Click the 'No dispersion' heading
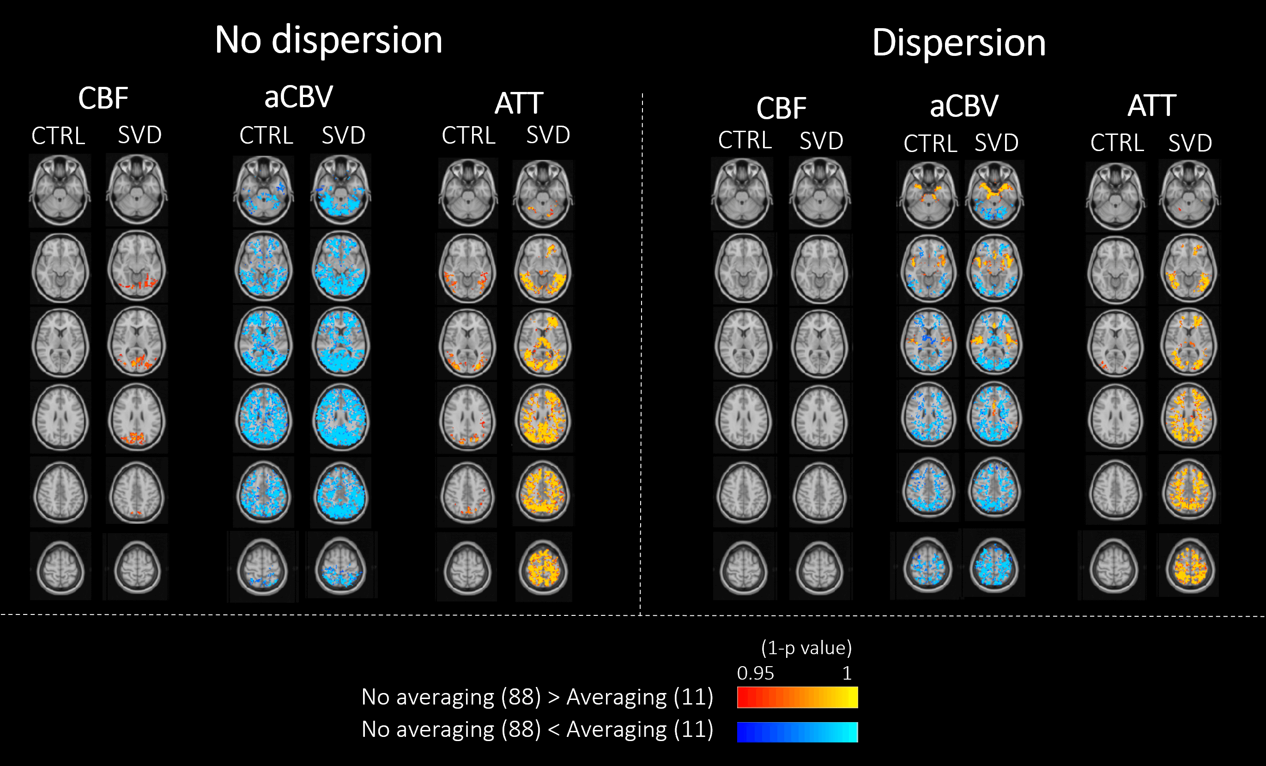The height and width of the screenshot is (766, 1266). (328, 40)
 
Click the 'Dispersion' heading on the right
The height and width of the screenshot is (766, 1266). (959, 42)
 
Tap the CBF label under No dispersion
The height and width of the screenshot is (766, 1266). (103, 97)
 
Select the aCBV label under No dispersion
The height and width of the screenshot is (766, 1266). (298, 97)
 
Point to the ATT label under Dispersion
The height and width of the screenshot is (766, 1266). (1151, 105)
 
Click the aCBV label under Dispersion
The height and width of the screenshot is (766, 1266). (964, 106)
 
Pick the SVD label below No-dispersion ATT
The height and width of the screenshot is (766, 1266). (548, 135)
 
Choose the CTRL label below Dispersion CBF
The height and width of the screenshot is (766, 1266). (745, 140)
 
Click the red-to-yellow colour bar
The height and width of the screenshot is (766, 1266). (797, 698)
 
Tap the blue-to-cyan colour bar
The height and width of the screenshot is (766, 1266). (797, 731)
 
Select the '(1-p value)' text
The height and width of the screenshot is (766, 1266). (806, 648)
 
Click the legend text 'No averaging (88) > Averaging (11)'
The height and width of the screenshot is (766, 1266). (537, 697)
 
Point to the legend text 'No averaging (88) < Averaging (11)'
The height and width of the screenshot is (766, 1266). (537, 730)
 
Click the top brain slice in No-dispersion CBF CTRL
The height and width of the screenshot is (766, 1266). (60, 190)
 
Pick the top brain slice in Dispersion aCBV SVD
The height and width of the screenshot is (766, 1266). (994, 195)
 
